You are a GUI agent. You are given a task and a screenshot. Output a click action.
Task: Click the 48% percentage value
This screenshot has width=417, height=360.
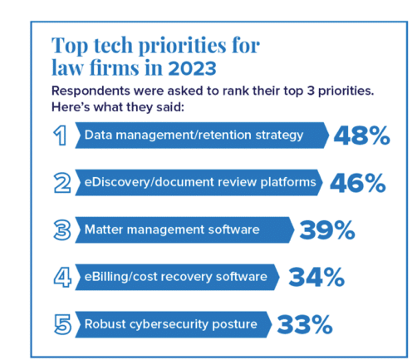pos(362,136)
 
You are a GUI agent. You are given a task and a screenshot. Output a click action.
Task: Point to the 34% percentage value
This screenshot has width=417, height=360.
pos(316,277)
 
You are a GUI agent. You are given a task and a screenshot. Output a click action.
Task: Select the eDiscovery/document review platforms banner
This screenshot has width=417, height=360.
pos(199,183)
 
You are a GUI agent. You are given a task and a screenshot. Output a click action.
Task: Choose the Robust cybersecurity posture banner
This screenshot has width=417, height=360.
pos(170,323)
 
